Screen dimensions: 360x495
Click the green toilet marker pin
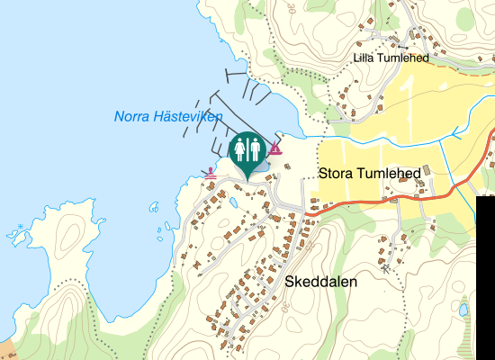[x=247, y=151]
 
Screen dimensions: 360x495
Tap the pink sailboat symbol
[x=274, y=148]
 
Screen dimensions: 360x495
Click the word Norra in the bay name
[x=132, y=117]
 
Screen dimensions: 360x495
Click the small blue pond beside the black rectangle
[x=463, y=310]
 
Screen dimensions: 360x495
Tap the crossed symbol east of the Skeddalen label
[x=384, y=267]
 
